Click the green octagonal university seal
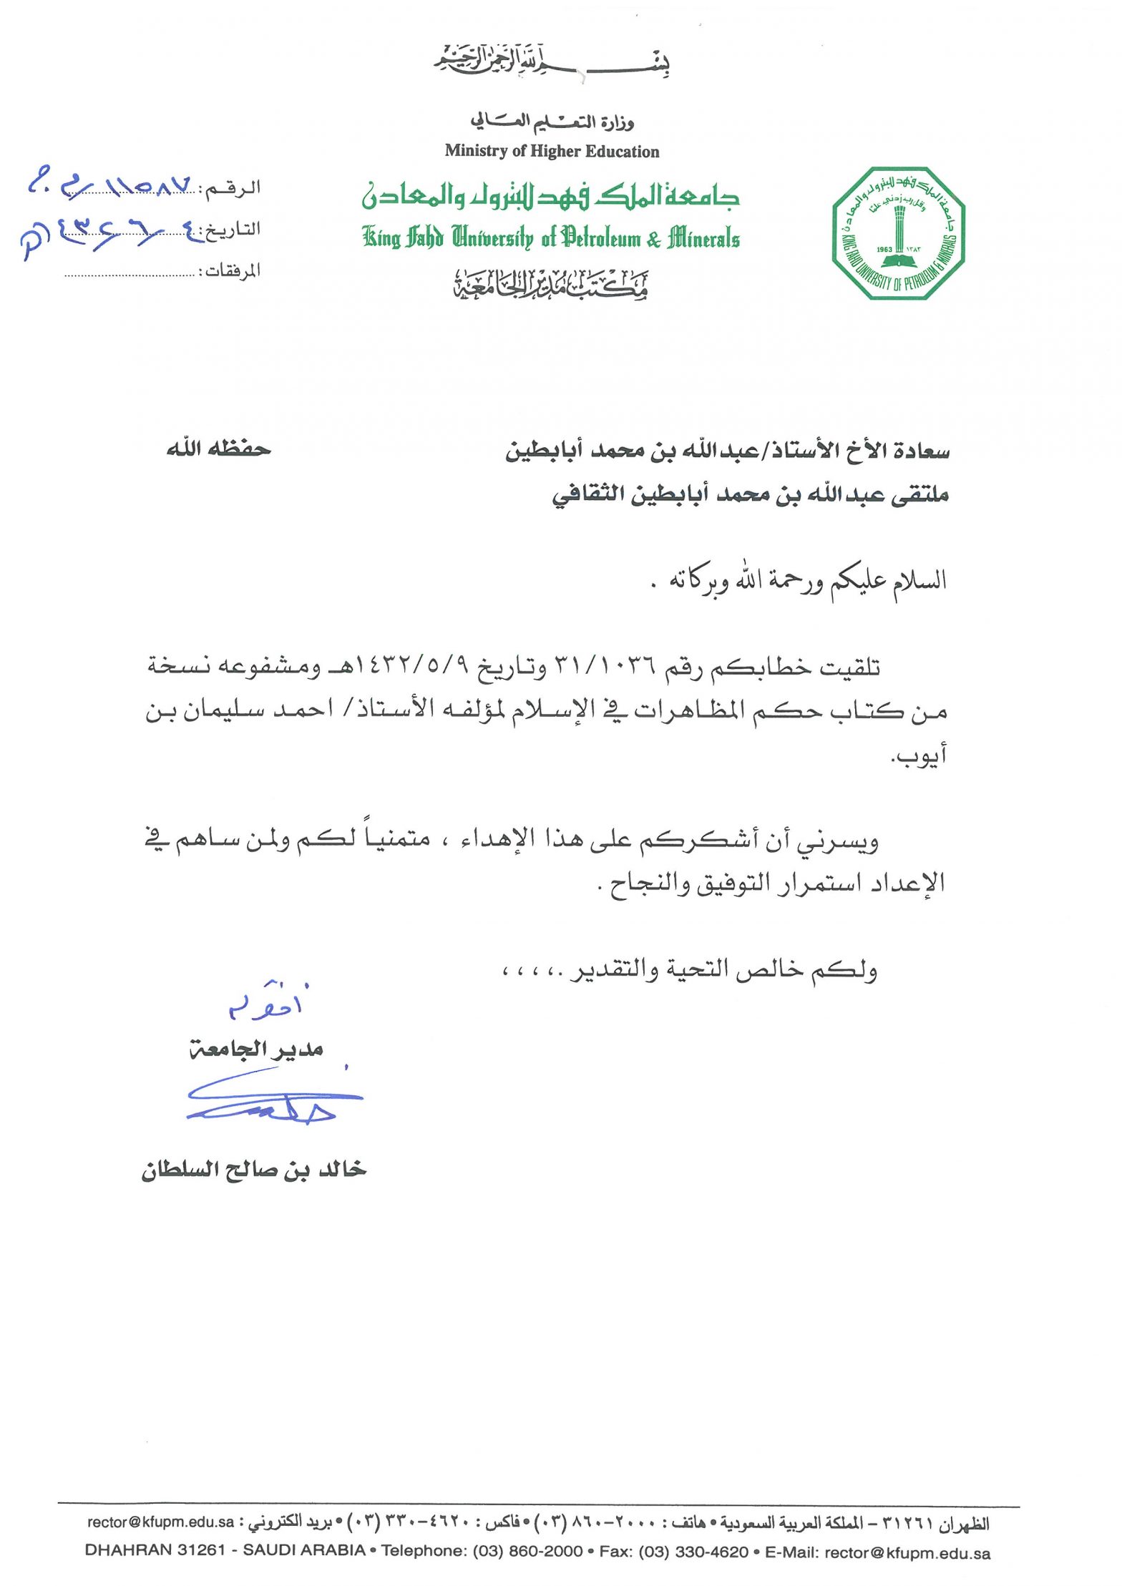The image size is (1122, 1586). point(899,233)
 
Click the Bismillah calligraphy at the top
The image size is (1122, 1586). point(551,62)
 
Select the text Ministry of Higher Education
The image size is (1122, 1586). point(552,152)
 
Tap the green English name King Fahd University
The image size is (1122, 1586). point(550,238)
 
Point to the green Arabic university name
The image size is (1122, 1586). point(550,195)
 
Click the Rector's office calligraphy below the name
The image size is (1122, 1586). point(550,285)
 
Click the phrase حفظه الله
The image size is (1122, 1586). point(218,449)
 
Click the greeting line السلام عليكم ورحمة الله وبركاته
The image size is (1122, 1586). point(805,580)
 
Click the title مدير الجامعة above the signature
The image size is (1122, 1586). point(256,1049)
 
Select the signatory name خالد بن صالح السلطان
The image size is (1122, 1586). point(254,1171)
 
